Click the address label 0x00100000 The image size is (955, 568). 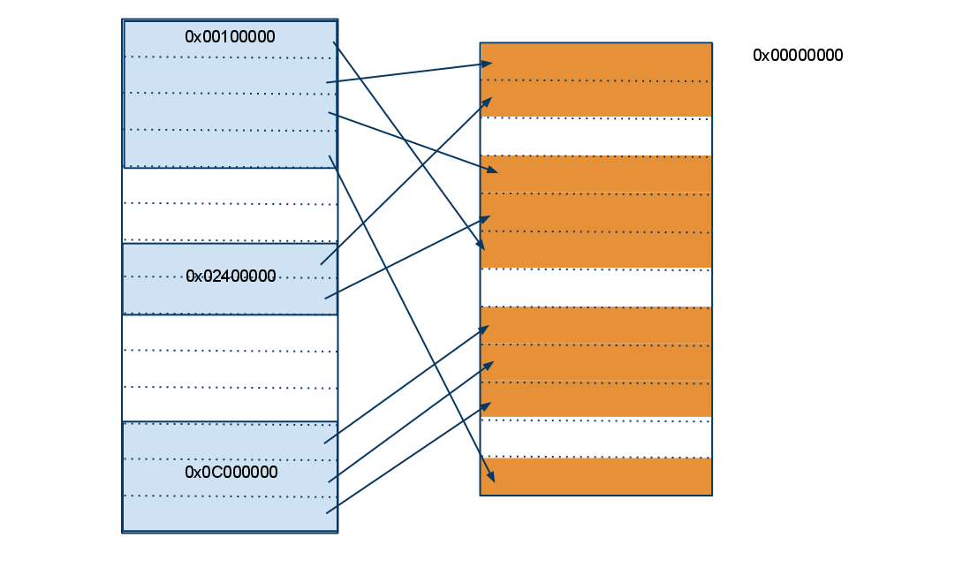tap(230, 37)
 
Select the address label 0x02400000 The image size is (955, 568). tap(231, 276)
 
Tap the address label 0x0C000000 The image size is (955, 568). tap(231, 473)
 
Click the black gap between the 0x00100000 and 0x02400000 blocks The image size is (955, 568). tap(230, 205)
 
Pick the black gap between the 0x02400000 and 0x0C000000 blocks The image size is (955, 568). tap(230, 367)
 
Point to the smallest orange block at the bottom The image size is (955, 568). tap(596, 476)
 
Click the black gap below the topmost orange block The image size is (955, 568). tap(596, 136)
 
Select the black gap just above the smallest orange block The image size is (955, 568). tap(596, 437)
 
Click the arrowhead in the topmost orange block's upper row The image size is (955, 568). tap(489, 63)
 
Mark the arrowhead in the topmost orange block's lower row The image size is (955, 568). tap(488, 101)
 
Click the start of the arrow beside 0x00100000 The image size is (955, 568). tap(334, 42)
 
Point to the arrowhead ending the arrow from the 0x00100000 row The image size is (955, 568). tap(481, 247)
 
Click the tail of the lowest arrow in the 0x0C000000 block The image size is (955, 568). tap(327, 512)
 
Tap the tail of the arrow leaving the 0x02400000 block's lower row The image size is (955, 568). tap(326, 298)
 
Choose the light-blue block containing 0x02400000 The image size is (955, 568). tap(230, 279)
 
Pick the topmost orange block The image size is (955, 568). tap(596, 80)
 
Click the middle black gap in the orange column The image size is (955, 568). tap(596, 288)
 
